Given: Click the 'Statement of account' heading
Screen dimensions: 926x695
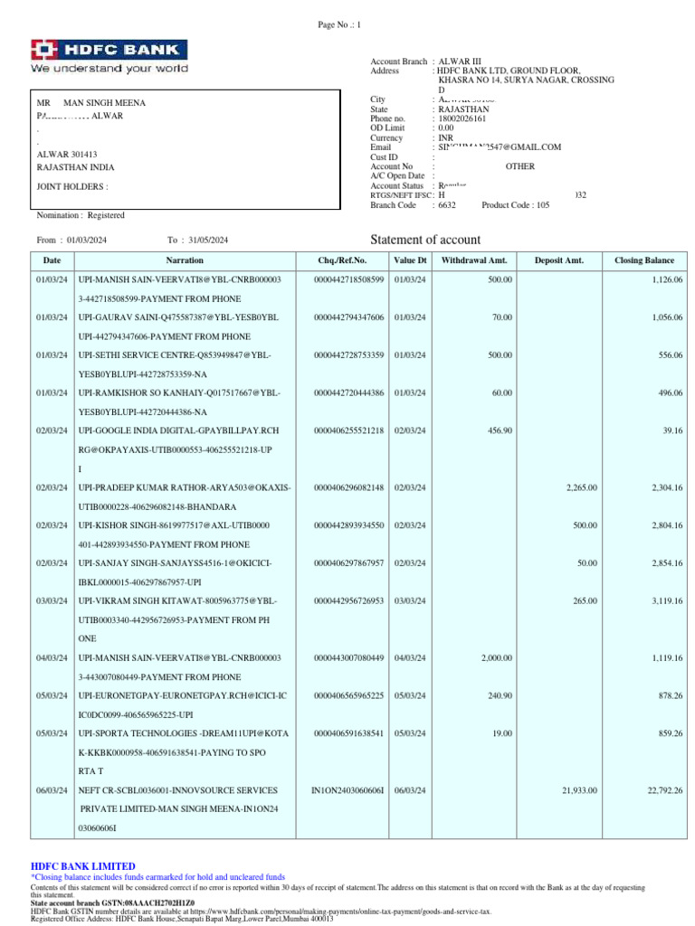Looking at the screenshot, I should (x=425, y=239).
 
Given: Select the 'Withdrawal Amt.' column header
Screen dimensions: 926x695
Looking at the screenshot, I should (x=474, y=260).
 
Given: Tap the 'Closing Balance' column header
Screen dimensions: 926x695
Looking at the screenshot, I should (x=643, y=260).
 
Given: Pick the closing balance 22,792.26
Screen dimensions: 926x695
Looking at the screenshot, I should (x=664, y=790).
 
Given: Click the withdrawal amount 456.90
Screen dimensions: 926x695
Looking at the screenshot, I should (x=500, y=430).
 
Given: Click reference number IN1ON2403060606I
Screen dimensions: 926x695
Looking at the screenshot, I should (x=347, y=790).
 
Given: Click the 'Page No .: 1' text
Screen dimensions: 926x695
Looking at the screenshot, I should (x=339, y=24).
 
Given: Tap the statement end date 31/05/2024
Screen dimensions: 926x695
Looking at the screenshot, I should (x=208, y=240).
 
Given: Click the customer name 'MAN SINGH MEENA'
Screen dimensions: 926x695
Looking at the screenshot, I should (x=103, y=104).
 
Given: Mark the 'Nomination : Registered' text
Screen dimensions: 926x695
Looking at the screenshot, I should (x=81, y=215).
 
